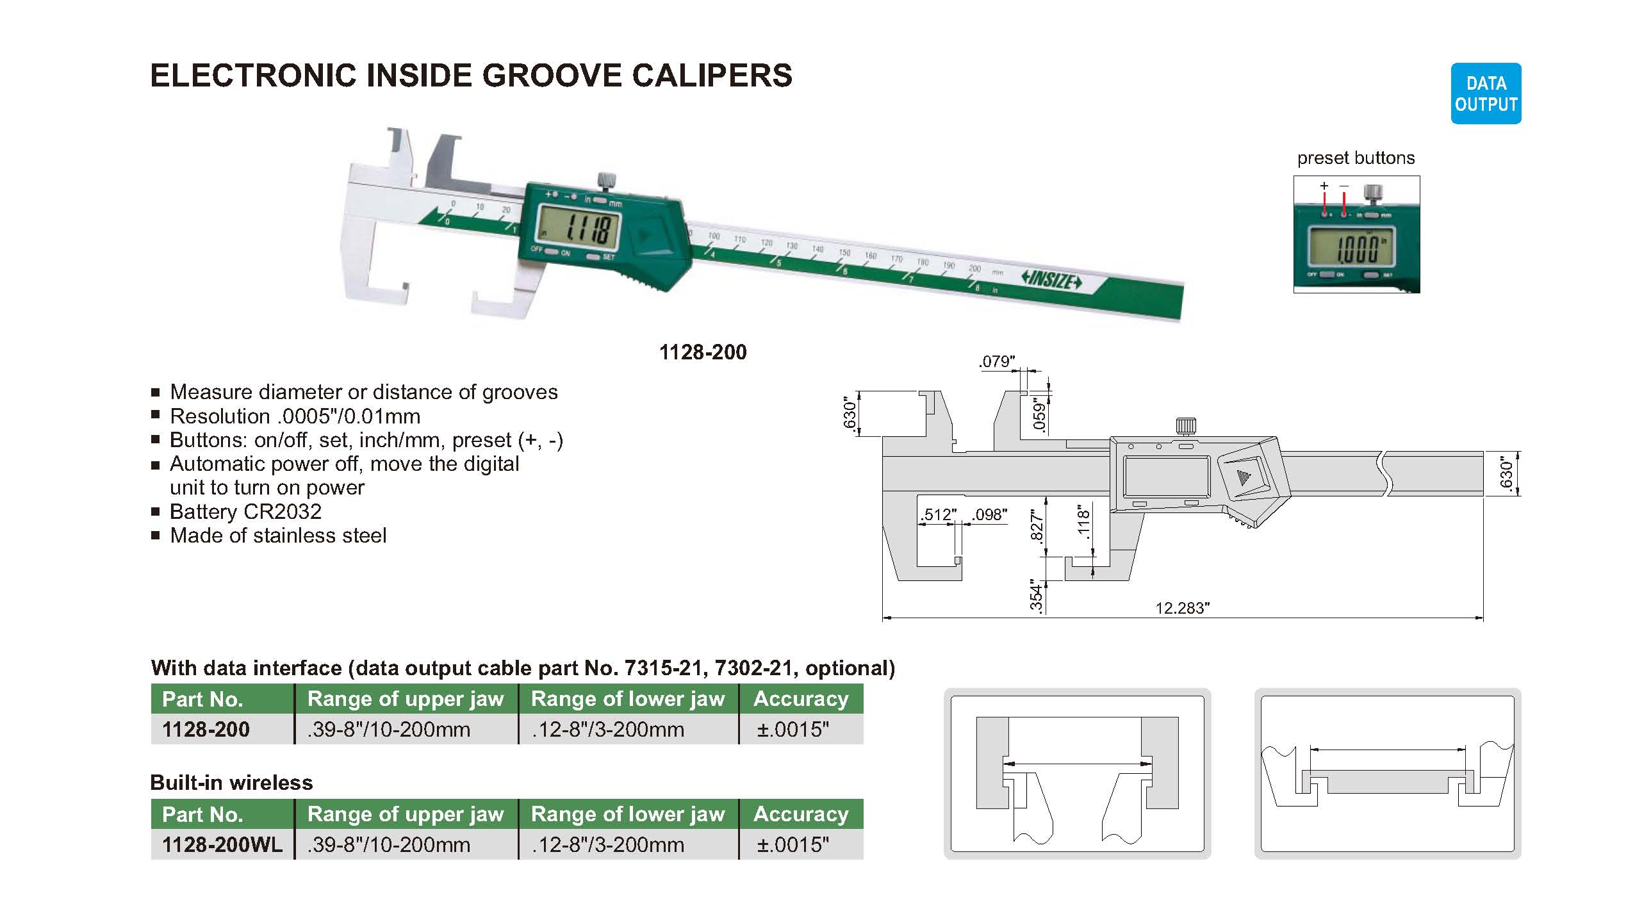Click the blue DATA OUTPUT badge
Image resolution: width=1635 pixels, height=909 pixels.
coord(1486,94)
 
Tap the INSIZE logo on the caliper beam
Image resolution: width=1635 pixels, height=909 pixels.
coord(1051,280)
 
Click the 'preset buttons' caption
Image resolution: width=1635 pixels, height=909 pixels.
coord(1356,158)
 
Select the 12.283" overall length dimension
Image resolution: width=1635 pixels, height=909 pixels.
coord(1182,608)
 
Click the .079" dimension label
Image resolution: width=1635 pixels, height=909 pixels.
coord(998,361)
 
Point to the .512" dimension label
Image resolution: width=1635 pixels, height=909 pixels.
coord(938,515)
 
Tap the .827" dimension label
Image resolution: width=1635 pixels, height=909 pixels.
coord(1037,525)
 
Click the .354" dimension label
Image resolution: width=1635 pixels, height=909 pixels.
coord(1037,596)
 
